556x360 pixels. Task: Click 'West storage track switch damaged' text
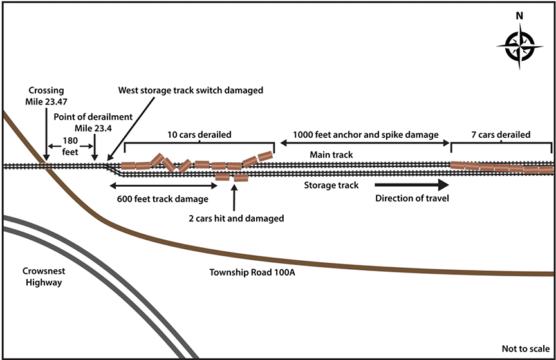(x=190, y=90)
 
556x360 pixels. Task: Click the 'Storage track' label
(x=331, y=185)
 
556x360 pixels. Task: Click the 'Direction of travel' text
(x=411, y=198)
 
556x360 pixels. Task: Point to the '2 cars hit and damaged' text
(x=236, y=218)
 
